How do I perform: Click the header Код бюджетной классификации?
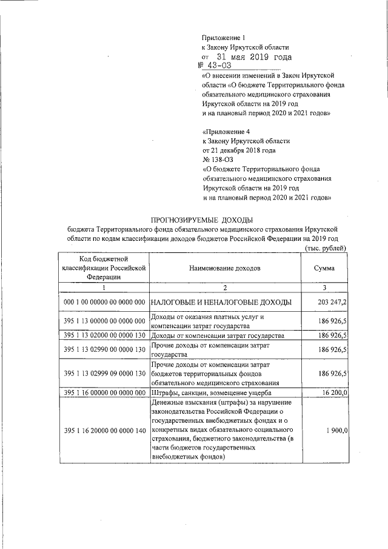tap(104, 268)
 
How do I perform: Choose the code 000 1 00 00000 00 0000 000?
tap(104, 301)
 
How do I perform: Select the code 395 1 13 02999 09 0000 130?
tap(104, 374)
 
